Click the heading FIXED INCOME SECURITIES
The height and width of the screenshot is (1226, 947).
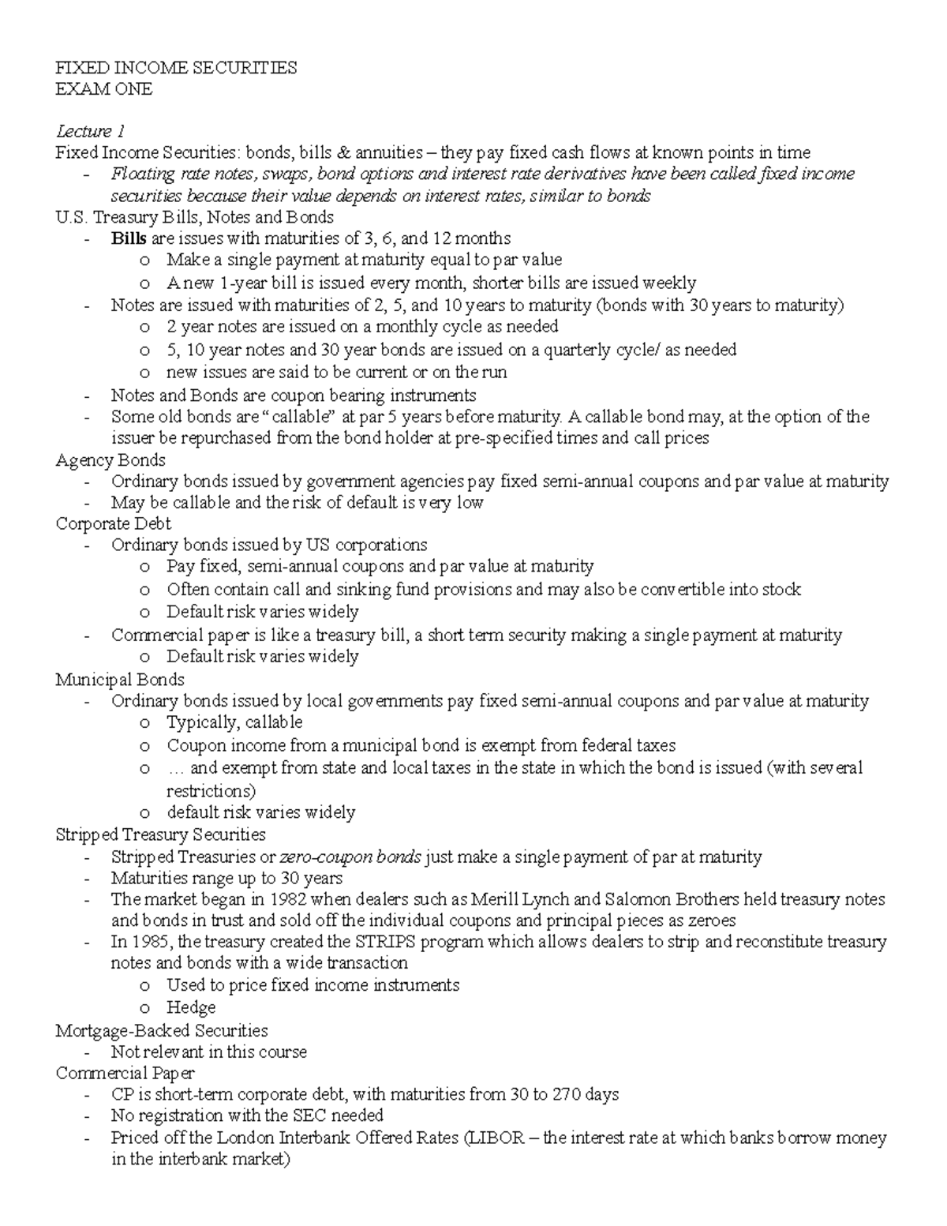click(x=176, y=68)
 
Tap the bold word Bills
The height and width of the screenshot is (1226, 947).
click(x=129, y=238)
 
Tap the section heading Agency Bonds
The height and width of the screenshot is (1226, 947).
click(x=110, y=460)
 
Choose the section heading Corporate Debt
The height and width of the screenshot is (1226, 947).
click(x=113, y=524)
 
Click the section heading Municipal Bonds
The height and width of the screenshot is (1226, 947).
click(x=119, y=680)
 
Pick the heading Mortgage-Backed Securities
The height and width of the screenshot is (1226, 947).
click(x=162, y=1030)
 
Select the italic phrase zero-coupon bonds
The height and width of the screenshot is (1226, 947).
click(x=350, y=857)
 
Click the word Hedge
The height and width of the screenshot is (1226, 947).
click(x=191, y=1007)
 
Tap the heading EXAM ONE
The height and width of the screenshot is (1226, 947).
click(x=103, y=89)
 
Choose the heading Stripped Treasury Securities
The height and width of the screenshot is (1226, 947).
click(x=160, y=834)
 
